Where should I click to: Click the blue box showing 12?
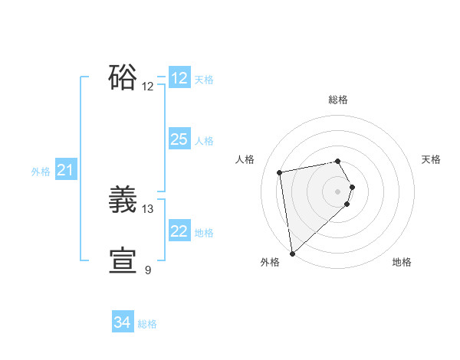tap(179, 78)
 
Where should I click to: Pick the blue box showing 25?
tap(179, 139)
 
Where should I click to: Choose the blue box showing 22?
tap(179, 231)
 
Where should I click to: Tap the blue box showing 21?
tap(65, 171)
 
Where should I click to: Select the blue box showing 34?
tap(123, 323)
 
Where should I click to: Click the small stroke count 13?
tap(148, 208)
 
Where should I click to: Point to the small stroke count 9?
tap(148, 270)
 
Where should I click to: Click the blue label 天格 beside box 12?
tap(204, 79)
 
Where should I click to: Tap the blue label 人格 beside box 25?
tap(204, 140)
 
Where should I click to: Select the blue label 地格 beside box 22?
tap(204, 232)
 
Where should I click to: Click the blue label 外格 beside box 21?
tap(41, 172)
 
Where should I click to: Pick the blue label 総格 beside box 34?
tap(147, 324)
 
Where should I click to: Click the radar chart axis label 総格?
tap(338, 100)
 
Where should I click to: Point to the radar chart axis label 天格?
tap(431, 159)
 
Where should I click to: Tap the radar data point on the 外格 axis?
tap(292, 254)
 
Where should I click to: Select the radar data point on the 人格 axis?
tap(280, 172)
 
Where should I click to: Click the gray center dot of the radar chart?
tap(338, 191)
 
